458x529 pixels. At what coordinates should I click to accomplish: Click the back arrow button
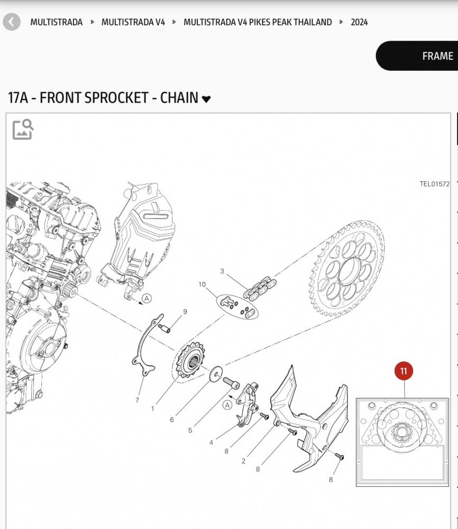(x=12, y=22)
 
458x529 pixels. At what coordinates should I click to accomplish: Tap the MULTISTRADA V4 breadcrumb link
(x=133, y=22)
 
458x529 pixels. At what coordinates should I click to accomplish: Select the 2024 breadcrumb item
(x=359, y=22)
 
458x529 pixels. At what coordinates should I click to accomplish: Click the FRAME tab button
(x=437, y=56)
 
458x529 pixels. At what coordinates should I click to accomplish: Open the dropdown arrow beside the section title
(x=206, y=99)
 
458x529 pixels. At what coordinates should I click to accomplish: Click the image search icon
(x=23, y=129)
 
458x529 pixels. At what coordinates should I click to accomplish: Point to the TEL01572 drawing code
(x=434, y=184)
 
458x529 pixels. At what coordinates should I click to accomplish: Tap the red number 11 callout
(x=404, y=371)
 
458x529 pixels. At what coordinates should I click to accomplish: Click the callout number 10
(x=202, y=285)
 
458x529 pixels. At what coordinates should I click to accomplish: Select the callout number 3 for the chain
(x=222, y=271)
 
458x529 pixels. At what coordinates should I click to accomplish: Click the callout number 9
(x=185, y=312)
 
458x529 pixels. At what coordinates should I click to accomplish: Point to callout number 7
(x=137, y=400)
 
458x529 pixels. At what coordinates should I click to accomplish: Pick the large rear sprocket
(x=347, y=270)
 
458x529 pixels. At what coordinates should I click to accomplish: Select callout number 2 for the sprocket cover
(x=243, y=461)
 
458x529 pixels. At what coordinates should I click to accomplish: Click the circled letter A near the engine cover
(x=147, y=298)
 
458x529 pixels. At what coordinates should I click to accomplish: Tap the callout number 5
(x=190, y=430)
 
